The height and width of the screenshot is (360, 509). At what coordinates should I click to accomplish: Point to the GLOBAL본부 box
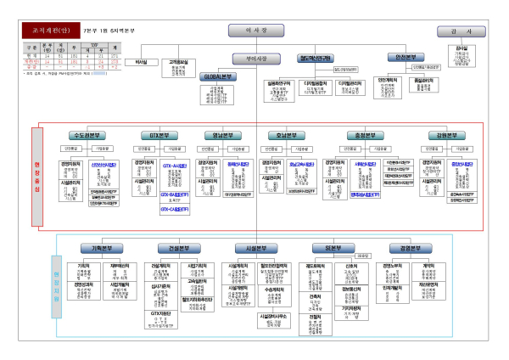[218, 76]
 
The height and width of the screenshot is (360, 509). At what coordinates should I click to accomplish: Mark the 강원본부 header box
[447, 135]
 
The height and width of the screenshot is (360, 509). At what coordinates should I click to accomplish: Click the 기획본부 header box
[96, 248]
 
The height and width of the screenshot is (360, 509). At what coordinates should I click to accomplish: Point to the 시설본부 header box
[252, 248]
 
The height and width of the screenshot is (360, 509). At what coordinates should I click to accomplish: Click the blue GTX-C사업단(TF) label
[176, 207]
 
